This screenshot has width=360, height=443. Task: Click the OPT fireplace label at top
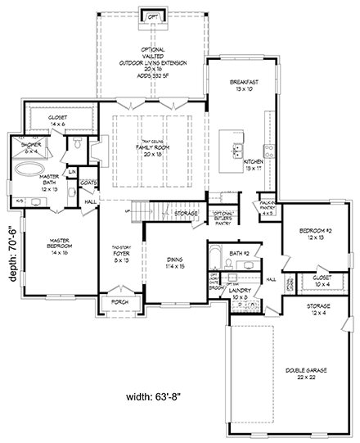(152, 15)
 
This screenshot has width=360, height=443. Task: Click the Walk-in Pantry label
(266, 226)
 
